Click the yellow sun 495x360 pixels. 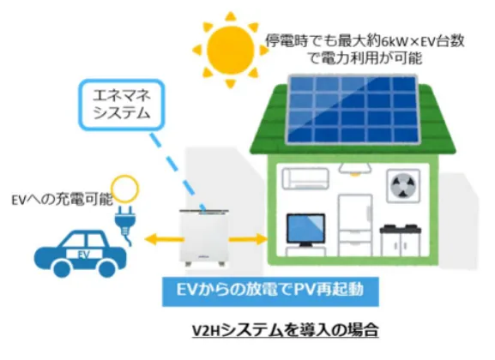coord(231,50)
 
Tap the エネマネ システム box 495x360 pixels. coord(122,105)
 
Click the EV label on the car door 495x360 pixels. coord(84,255)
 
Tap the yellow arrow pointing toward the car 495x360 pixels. coord(163,239)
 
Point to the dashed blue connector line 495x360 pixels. coord(178,171)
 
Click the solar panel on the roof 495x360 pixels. coord(353,109)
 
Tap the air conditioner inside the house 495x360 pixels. coord(305,178)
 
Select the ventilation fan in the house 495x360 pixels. coord(403,186)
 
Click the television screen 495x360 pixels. coord(305,229)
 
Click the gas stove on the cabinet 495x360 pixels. coord(400,228)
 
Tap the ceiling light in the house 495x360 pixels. coord(355,169)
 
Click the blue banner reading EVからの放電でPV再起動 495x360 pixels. coord(270,291)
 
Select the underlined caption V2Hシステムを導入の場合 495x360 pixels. coord(285,330)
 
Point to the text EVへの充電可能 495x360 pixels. coord(62,200)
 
